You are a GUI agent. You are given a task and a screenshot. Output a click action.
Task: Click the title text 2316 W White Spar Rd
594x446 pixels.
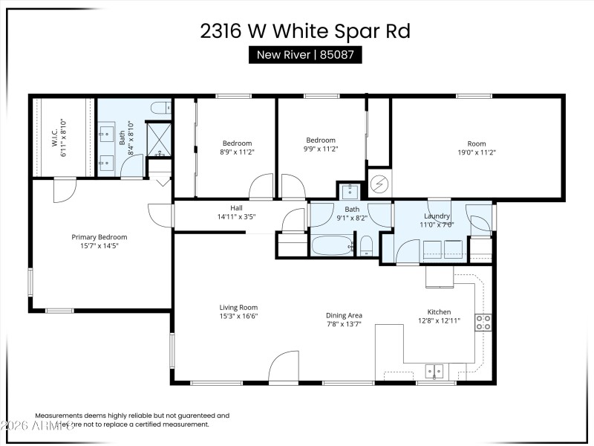coord(304,31)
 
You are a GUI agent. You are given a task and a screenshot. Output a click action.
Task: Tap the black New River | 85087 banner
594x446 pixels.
coord(304,54)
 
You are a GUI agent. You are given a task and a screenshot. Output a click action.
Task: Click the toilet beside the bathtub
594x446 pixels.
coord(365,246)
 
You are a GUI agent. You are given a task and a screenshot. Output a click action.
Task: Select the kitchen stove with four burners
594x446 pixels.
coord(483,323)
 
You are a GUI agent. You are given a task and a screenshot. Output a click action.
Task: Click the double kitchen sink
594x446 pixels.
coord(434,369)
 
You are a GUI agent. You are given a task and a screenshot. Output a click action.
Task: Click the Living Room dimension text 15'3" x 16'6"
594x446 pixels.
coord(238,316)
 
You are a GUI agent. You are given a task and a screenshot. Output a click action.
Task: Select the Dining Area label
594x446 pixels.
coord(345,320)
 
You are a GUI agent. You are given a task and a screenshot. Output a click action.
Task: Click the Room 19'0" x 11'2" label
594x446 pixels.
coord(476,148)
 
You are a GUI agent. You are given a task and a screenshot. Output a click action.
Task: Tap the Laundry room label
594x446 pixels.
coord(437,220)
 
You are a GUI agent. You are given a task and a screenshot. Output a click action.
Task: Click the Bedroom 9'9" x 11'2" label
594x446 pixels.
coord(322,144)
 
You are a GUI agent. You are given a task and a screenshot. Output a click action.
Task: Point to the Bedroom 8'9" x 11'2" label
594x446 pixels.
coord(238,148)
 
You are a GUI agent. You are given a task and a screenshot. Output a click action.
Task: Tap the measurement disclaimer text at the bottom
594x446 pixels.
coord(132,420)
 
